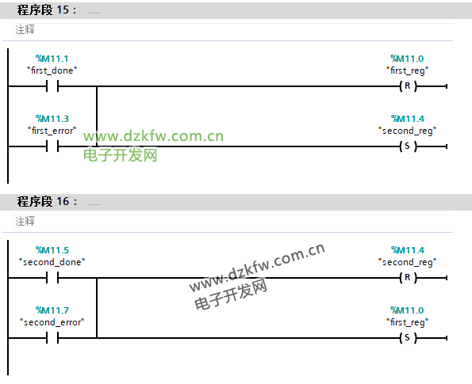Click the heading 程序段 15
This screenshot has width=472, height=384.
[47, 10]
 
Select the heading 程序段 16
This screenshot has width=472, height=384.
[47, 201]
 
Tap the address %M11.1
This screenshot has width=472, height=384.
[52, 59]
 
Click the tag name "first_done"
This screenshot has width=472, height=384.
[52, 70]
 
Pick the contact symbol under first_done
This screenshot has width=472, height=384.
[52, 86]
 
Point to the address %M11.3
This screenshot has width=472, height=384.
[52, 119]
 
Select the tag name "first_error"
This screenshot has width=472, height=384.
[52, 131]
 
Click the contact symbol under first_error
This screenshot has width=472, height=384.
[52, 146]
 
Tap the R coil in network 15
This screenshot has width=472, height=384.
[408, 86]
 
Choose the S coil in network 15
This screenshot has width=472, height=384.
[408, 146]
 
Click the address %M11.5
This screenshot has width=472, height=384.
[52, 250]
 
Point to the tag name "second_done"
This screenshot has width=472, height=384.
[52, 262]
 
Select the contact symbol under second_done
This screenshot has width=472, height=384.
[52, 278]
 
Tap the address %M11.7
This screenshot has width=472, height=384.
[52, 310]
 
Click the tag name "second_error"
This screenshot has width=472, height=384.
[52, 322]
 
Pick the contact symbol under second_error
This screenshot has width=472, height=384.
[52, 338]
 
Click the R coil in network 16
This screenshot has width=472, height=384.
[408, 278]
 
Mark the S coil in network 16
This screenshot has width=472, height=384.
[408, 338]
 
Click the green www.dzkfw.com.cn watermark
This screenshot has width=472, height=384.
[154, 136]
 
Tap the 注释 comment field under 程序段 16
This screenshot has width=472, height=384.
[233, 221]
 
